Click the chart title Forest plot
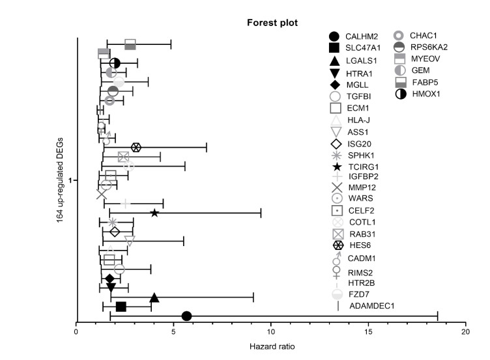click(x=272, y=23)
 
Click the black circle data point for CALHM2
click(x=186, y=316)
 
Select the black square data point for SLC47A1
click(x=121, y=307)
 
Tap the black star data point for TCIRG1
click(x=154, y=213)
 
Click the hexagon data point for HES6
click(x=136, y=147)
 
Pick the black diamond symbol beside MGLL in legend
click(x=334, y=85)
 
